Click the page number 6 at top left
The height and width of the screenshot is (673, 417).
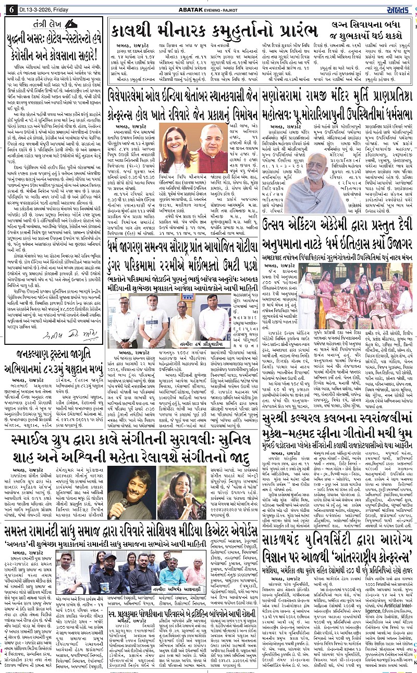(9, 9)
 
